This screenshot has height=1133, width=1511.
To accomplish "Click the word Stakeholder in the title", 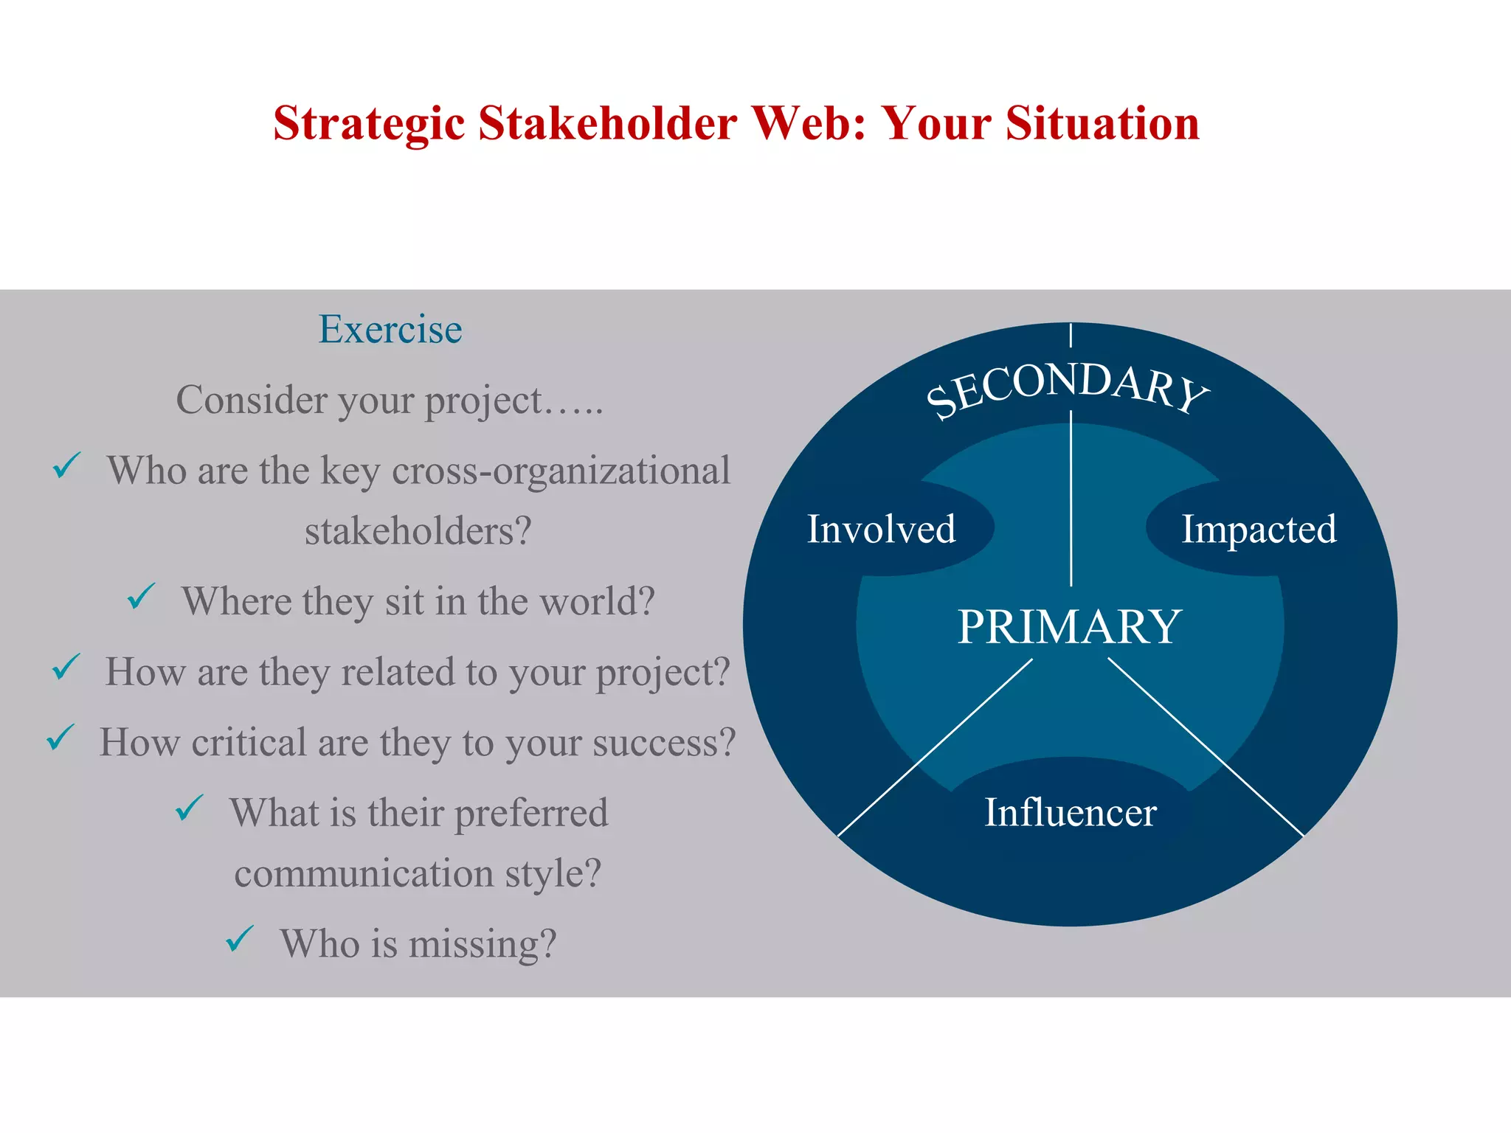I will [x=607, y=123].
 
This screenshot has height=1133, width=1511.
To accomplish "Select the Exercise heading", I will [x=390, y=329].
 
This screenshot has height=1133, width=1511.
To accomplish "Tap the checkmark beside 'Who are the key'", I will [x=66, y=465].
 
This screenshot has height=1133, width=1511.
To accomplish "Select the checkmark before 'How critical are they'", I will [x=60, y=737].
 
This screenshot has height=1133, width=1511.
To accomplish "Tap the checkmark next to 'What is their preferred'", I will [x=190, y=808].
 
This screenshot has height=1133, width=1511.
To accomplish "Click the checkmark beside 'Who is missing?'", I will [x=240, y=938].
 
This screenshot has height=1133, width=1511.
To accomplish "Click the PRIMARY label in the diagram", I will [x=1069, y=627].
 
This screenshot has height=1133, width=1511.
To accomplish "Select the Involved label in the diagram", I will [x=881, y=529].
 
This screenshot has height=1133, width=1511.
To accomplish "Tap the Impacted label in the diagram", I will [x=1259, y=529].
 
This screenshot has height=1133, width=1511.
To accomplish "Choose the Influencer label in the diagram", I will [x=1070, y=812].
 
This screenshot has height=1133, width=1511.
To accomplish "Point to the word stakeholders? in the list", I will [x=418, y=531].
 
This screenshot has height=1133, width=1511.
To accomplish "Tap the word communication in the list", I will [x=364, y=873].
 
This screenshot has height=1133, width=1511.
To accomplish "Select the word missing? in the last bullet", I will [x=482, y=943].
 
